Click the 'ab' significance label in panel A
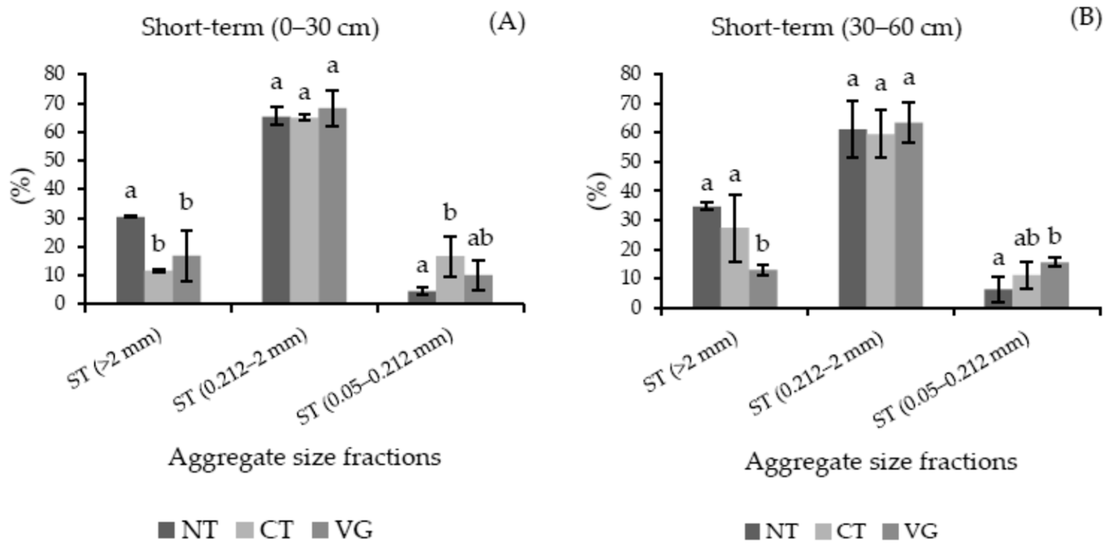pos(480,238)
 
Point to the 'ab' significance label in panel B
pos(1026,238)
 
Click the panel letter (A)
pos(507,23)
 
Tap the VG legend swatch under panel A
pos(320,530)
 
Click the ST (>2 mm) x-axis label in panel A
pos(115,360)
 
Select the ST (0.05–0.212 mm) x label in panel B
pos(952,380)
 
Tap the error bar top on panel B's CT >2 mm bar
pos(735,195)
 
